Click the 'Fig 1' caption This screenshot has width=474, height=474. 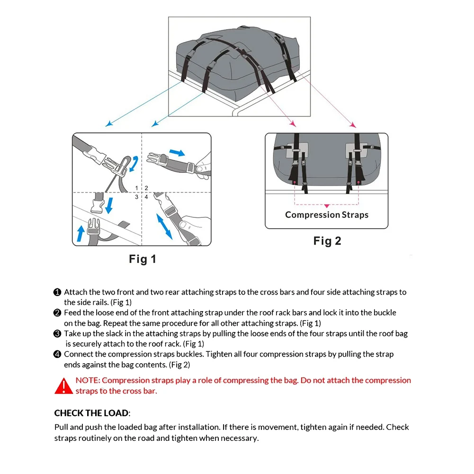[x=142, y=259]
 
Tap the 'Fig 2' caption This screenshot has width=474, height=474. [x=327, y=241]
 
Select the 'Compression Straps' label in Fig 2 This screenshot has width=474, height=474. [x=327, y=215]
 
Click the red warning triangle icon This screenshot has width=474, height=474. [x=63, y=386]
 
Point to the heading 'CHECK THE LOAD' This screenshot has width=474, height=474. [x=91, y=413]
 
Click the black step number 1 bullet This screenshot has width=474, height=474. [x=57, y=292]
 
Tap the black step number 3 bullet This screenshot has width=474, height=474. [x=57, y=334]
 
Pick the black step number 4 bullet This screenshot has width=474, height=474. [x=57, y=354]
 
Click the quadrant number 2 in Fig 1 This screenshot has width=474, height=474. [x=146, y=188]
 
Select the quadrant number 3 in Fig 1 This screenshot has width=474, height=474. [x=137, y=197]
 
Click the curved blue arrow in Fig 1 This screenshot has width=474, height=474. [x=134, y=163]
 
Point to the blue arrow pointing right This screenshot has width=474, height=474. [x=177, y=152]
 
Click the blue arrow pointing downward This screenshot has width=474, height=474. [x=109, y=206]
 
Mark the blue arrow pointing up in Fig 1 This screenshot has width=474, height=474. [x=80, y=233]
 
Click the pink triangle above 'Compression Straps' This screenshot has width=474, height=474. [x=326, y=206]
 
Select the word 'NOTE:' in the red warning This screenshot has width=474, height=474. [x=88, y=380]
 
